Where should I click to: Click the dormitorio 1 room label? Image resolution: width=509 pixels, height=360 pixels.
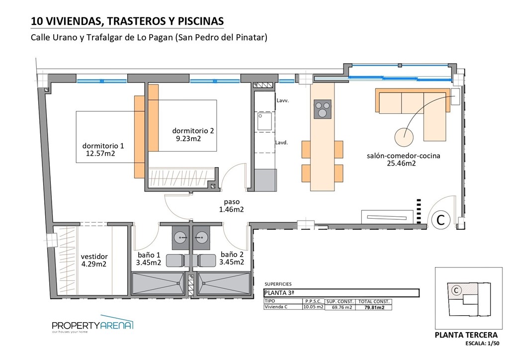(103, 146)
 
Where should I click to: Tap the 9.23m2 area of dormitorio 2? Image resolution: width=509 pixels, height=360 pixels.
(188, 139)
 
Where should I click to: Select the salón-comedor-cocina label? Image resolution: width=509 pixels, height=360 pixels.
(403, 156)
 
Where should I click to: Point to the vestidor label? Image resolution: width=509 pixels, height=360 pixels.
(94, 257)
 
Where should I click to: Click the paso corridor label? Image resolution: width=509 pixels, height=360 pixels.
(232, 202)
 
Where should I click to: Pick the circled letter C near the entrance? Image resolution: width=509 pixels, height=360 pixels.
(440, 219)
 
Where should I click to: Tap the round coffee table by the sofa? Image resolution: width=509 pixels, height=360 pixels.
(405, 135)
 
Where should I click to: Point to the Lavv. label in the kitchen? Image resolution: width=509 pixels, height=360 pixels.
(283, 100)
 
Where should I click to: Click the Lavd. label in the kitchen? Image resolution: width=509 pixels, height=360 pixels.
(282, 142)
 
